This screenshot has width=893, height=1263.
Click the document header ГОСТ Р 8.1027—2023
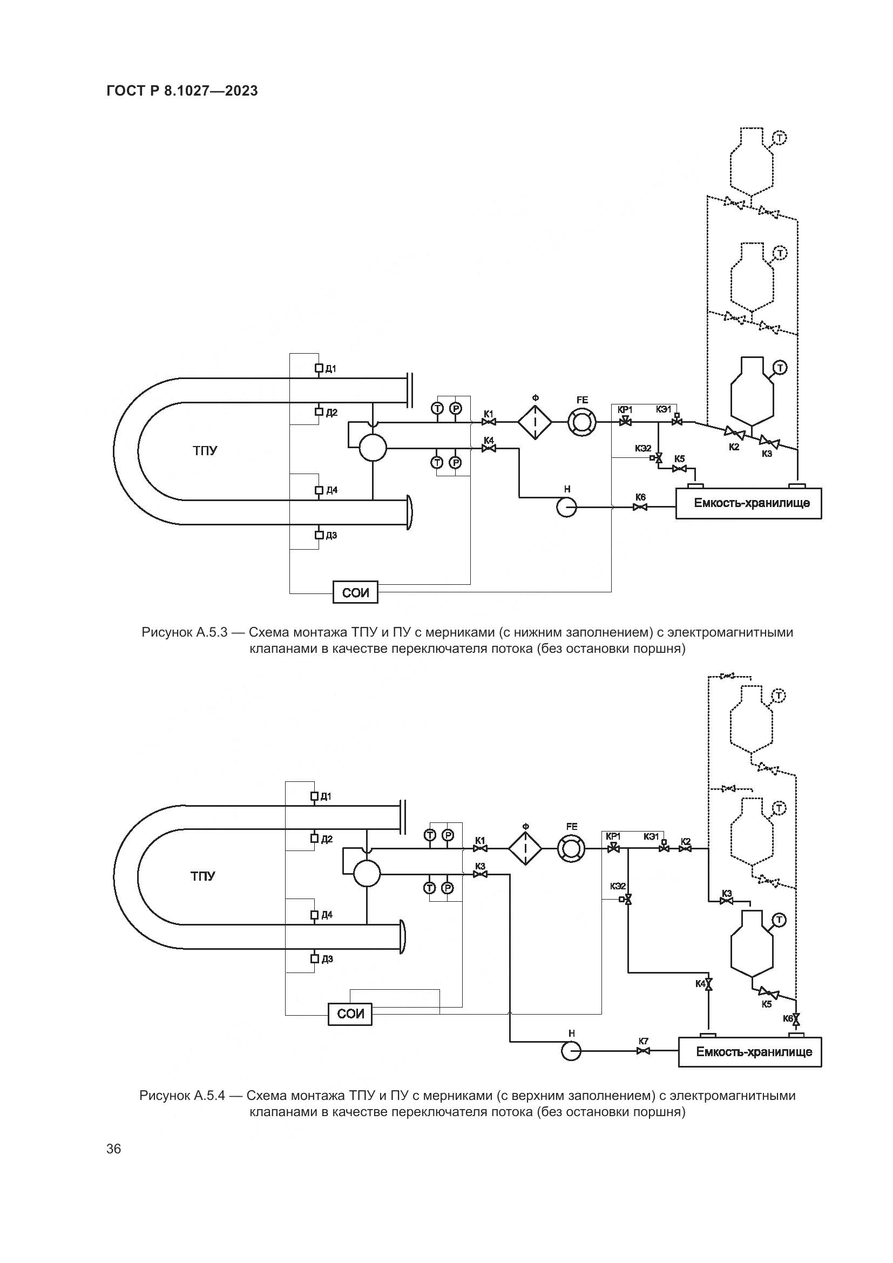(182, 91)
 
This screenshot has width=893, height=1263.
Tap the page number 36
(114, 1149)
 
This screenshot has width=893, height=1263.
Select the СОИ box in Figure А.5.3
(355, 592)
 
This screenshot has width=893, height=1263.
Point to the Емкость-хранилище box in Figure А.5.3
(748, 503)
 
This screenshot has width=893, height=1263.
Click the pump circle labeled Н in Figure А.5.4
(571, 1052)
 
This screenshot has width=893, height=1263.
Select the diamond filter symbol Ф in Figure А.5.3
(535, 422)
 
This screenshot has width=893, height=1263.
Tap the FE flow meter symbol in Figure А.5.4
(571, 849)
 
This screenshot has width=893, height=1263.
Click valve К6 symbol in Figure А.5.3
(640, 506)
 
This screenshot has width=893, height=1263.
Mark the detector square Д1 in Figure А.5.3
(319, 368)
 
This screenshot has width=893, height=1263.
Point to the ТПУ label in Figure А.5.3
(205, 450)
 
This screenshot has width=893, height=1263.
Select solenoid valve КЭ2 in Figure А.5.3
(658, 458)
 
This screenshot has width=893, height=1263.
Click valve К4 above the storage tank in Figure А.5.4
(709, 984)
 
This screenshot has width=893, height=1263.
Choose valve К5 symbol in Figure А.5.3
(680, 469)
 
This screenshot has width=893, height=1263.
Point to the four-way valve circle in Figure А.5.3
(373, 448)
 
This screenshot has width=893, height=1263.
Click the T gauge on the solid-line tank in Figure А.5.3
(780, 367)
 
